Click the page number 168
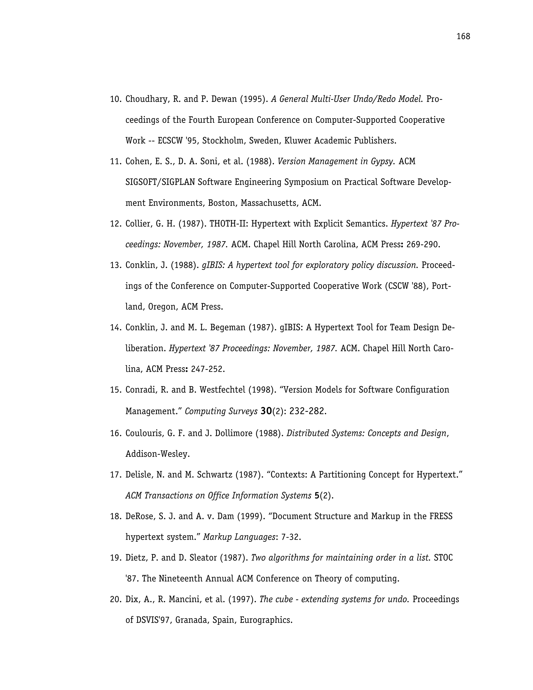pos(463,37)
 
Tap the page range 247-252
pos(207,369)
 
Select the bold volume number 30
pos(266,411)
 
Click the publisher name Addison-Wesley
pos(157,454)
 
